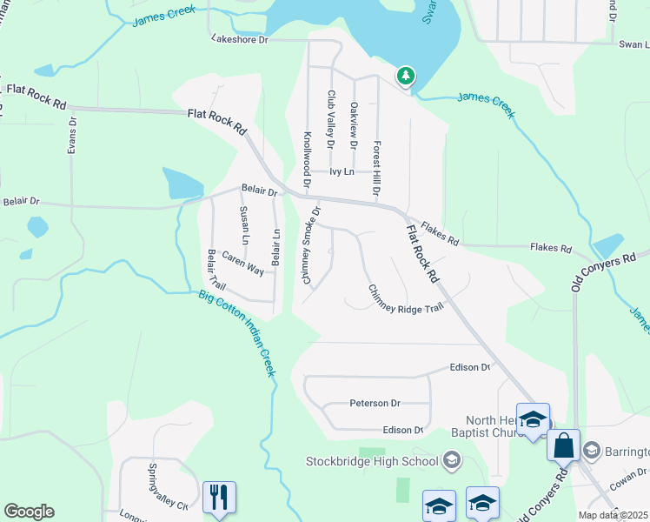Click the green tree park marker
coord(405,77)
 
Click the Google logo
coord(29,512)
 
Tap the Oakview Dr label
coord(354,125)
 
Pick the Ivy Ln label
coord(342,172)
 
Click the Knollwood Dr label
coord(307,159)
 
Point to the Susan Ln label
coord(245,225)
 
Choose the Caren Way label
coord(242,264)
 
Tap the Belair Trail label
coord(216,270)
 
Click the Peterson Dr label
coord(375,404)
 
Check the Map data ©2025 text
coord(612,515)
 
